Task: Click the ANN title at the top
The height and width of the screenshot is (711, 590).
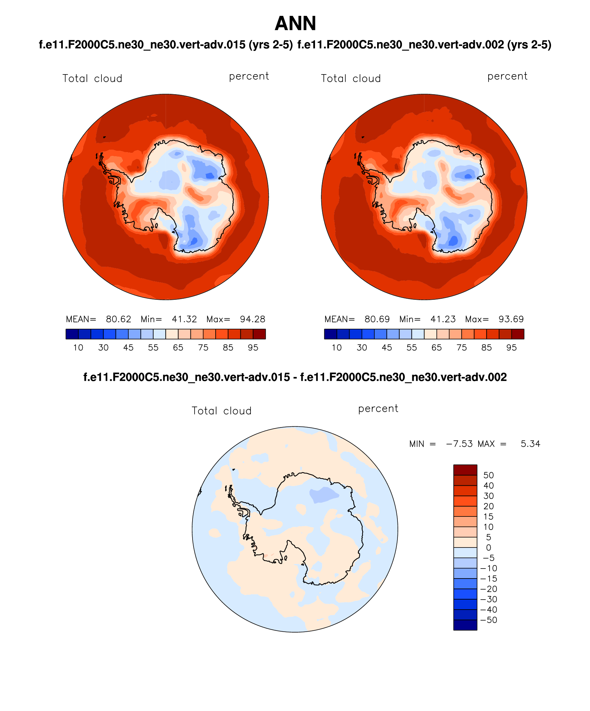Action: pos(295,23)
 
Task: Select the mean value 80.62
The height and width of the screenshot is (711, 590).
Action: pos(118,319)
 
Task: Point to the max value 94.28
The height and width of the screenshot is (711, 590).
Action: pos(253,319)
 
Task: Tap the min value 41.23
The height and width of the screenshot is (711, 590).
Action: pos(443,319)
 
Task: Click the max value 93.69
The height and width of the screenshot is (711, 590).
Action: pos(511,319)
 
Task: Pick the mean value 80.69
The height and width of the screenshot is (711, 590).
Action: pos(377,319)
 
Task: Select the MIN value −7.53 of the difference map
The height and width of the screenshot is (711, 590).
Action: pos(459,444)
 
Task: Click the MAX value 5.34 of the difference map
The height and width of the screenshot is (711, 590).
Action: pos(530,444)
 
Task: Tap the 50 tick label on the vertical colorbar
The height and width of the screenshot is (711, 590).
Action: pos(489,475)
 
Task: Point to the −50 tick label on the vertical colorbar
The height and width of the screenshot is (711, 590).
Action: pos(489,620)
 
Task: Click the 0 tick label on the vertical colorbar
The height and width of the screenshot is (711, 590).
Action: pos(489,547)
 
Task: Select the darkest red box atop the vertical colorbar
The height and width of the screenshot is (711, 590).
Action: pos(465,470)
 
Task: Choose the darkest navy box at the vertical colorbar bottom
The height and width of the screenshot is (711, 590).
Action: pos(465,625)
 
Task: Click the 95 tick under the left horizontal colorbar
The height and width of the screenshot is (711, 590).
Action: pos(253,348)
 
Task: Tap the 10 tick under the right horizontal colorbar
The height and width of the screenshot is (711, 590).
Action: pos(337,348)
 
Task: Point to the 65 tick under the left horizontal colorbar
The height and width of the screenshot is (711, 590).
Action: pos(178,348)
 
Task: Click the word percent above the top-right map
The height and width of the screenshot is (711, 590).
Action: pos(507,76)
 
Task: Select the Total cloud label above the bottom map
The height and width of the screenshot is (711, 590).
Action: pos(222,411)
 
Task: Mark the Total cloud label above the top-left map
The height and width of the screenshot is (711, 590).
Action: pos(92,79)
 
